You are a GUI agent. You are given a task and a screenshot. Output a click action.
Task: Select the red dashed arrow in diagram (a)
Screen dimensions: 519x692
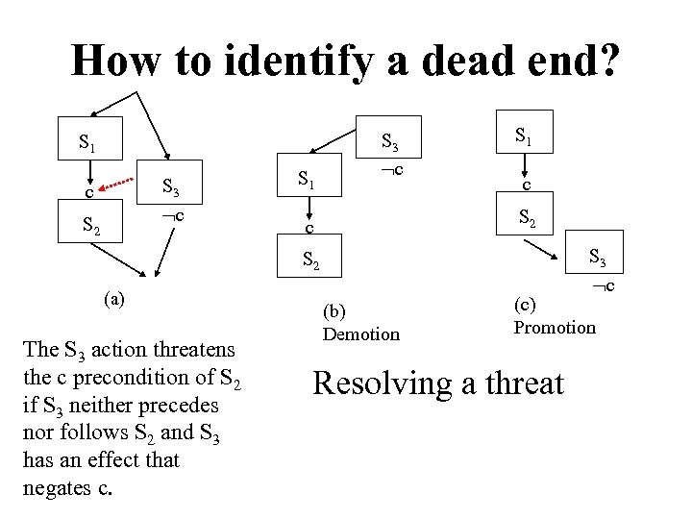(x=117, y=184)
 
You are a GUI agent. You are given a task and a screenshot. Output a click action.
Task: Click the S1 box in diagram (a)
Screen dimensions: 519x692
(x=87, y=145)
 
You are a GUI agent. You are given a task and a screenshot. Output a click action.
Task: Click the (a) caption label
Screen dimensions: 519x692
(x=114, y=299)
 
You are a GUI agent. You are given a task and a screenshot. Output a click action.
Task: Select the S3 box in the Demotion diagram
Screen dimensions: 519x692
(x=389, y=142)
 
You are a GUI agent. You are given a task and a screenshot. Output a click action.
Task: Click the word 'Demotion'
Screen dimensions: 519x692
(x=360, y=334)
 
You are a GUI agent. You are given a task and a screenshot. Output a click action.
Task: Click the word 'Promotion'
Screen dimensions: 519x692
(x=555, y=328)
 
